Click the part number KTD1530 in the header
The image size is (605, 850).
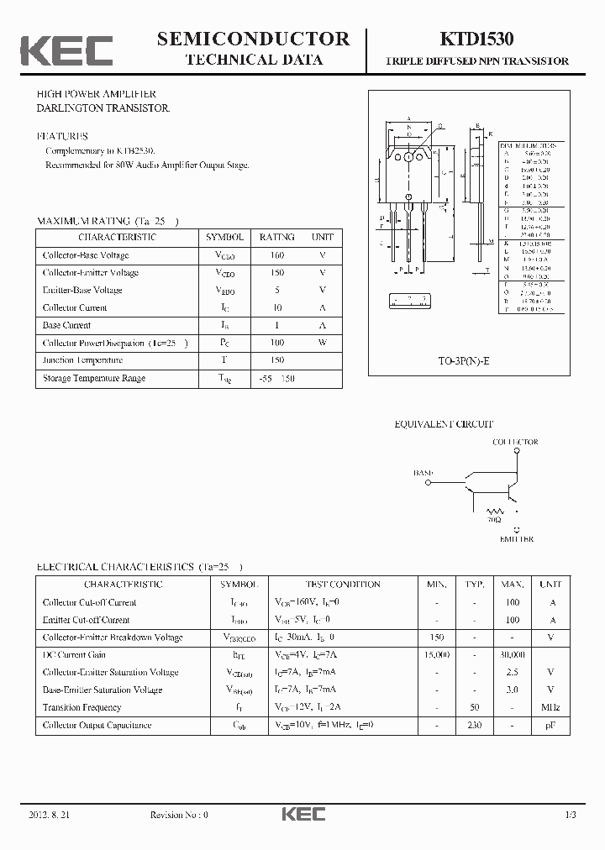476,39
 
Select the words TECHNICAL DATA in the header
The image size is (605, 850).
253,60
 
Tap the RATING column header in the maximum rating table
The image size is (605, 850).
276,238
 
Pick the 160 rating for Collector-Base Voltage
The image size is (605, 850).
276,255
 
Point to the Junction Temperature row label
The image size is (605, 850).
82,360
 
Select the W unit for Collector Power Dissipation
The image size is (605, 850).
322,343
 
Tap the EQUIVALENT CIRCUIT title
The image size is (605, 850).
444,425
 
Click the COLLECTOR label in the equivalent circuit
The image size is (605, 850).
515,442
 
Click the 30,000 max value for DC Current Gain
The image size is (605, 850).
513,654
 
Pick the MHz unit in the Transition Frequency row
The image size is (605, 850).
550,707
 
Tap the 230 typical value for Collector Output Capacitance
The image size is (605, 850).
475,725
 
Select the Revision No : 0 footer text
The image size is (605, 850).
179,815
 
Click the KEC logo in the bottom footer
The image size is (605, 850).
302,815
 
